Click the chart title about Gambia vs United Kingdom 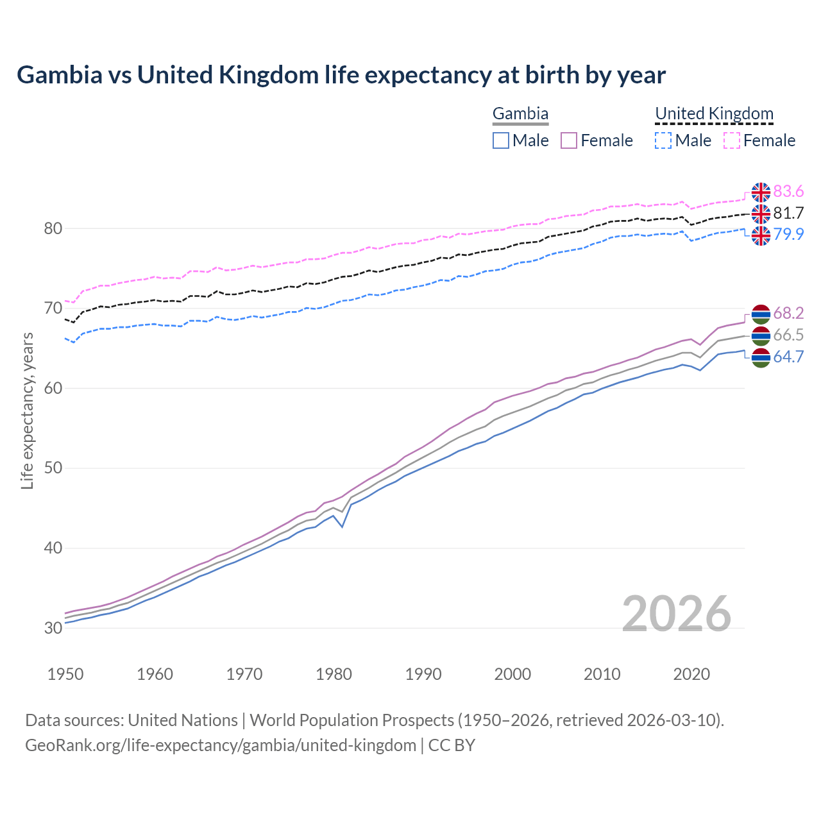(x=341, y=75)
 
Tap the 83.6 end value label (x=788, y=192)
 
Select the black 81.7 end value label (x=788, y=213)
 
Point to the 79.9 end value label (x=788, y=234)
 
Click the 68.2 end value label (x=788, y=313)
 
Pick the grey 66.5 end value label (x=788, y=335)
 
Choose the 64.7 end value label (x=788, y=357)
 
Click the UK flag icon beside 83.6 (x=761, y=192)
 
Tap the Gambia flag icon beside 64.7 (x=761, y=358)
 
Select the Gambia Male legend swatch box (x=501, y=140)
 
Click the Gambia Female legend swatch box (x=569, y=140)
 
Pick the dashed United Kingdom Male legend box (x=663, y=140)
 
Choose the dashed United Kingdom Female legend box (x=732, y=140)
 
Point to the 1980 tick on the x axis (x=334, y=674)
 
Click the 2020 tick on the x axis (x=691, y=674)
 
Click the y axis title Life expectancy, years (x=27, y=410)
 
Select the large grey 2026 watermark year (x=677, y=614)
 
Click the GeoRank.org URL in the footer (x=221, y=745)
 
